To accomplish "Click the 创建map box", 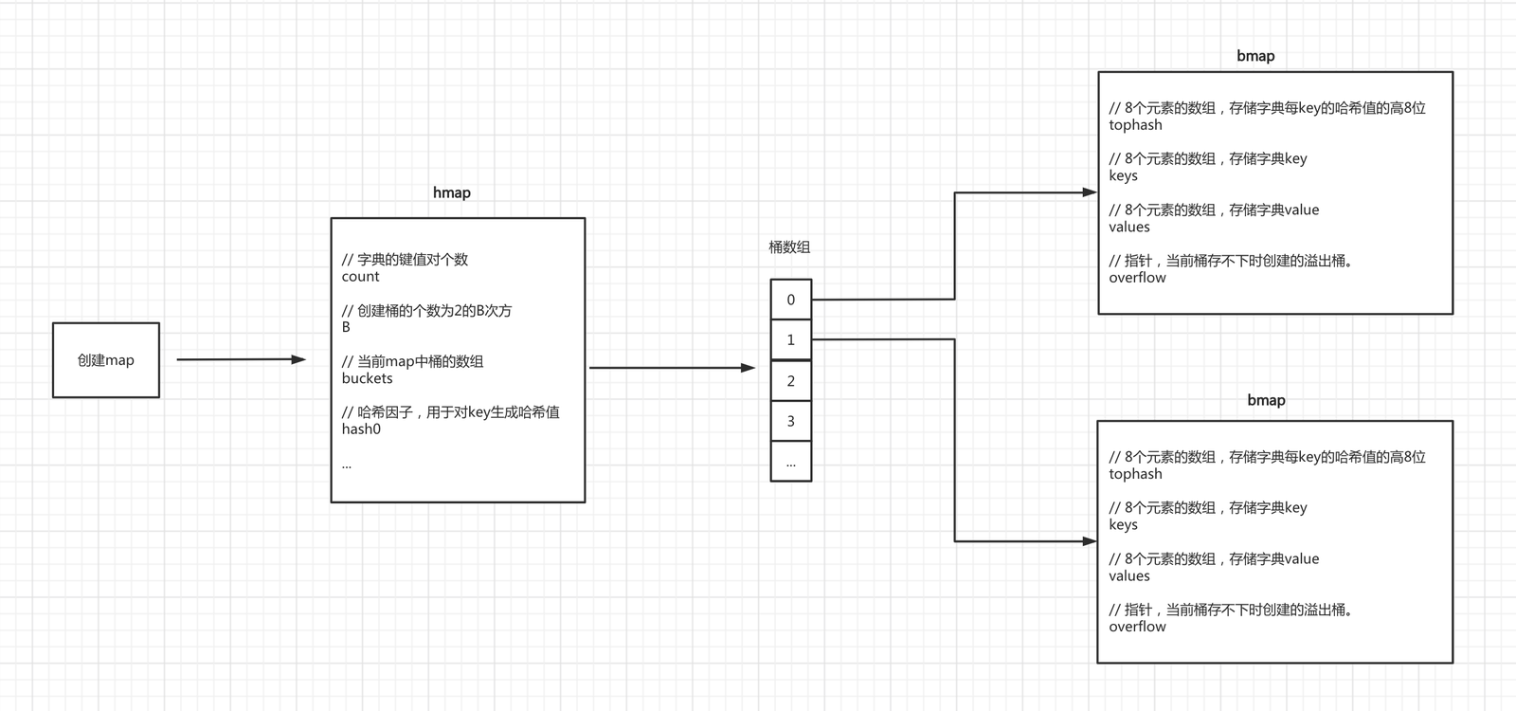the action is [106, 360].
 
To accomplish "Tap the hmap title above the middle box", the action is [451, 193].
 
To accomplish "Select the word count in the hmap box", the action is [360, 276].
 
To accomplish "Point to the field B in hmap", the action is [346, 327].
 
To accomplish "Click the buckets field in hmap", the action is [367, 378].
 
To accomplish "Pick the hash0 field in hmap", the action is [361, 429].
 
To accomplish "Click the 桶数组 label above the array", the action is [789, 247].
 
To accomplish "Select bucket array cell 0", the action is [790, 300].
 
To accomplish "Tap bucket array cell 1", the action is [790, 340].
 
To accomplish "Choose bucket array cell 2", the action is [790, 380].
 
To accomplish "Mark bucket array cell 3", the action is [790, 421].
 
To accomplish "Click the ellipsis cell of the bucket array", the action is [790, 462].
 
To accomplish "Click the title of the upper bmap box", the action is [1255, 56].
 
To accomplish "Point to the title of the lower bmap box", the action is [1266, 400].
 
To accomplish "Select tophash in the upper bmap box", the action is [1135, 124].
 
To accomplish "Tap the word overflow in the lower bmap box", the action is [1137, 627].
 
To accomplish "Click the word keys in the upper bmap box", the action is [1123, 176].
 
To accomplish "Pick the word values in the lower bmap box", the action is [1128, 575].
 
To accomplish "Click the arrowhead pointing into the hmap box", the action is [298, 359].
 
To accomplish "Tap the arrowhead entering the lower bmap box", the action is [1090, 541].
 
